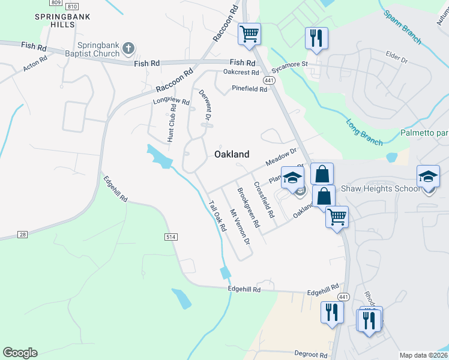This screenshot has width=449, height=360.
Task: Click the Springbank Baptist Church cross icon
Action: [128, 48]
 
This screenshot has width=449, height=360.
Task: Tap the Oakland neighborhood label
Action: [232, 154]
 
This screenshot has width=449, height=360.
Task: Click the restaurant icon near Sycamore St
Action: [316, 38]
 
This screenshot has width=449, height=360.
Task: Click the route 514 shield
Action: [171, 238]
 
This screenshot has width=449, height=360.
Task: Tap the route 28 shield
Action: [23, 234]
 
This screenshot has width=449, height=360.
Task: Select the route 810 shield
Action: [72, 6]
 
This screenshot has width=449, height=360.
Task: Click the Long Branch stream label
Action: [364, 133]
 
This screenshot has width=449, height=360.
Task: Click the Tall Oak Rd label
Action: [217, 215]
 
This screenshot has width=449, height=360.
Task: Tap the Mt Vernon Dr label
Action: [240, 227]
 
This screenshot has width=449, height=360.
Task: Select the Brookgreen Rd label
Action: [248, 208]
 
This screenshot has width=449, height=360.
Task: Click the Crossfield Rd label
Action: [264, 200]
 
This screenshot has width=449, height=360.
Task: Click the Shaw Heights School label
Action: [381, 188]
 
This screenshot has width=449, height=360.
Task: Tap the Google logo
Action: [20, 353]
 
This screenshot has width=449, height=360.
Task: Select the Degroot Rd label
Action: [312, 354]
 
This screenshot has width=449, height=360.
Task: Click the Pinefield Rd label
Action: [250, 89]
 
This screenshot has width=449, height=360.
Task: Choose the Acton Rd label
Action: [35, 65]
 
